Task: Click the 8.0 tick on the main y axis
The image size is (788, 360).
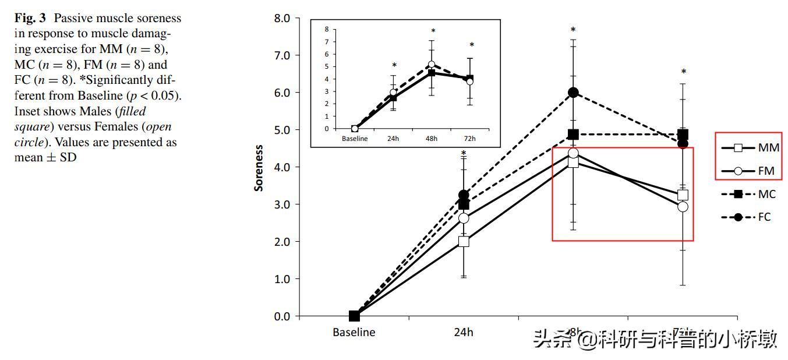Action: pyautogui.click(x=282, y=18)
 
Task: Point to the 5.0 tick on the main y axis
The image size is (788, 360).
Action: pyautogui.click(x=282, y=130)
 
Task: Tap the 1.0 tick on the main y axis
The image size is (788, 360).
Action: pyautogui.click(x=282, y=279)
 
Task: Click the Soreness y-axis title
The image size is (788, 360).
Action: pyautogui.click(x=259, y=168)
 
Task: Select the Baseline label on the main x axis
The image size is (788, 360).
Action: pyautogui.click(x=354, y=333)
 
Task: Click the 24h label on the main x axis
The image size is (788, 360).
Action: pyautogui.click(x=464, y=333)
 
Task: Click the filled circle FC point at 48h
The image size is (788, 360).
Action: pyautogui.click(x=573, y=93)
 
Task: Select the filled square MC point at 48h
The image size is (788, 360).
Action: pyautogui.click(x=573, y=135)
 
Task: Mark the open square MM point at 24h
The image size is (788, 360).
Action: pyautogui.click(x=464, y=242)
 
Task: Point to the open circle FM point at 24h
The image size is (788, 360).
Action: pyautogui.click(x=464, y=218)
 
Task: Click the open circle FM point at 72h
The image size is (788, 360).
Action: pyautogui.click(x=683, y=207)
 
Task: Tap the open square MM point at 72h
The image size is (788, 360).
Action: pyautogui.click(x=683, y=195)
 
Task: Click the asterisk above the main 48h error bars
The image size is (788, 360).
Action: pyautogui.click(x=573, y=30)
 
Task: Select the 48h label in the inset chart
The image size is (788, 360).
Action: pyautogui.click(x=432, y=139)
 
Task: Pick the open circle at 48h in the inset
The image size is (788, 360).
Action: pyautogui.click(x=432, y=65)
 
